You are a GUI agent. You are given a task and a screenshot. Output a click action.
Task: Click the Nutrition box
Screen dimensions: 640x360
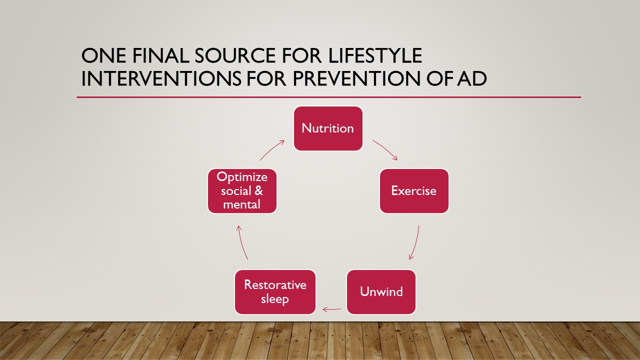click(x=328, y=128)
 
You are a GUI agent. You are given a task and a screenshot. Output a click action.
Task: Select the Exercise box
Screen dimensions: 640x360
click(x=414, y=191)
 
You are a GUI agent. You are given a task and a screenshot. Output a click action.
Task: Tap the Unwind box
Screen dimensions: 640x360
click(x=381, y=292)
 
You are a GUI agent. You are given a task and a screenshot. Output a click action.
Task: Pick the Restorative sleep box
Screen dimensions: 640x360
click(x=275, y=292)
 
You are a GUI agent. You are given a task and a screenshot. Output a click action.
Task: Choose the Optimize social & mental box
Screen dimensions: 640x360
click(x=242, y=191)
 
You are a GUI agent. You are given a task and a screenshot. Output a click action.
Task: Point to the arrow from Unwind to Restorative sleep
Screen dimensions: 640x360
click(x=331, y=309)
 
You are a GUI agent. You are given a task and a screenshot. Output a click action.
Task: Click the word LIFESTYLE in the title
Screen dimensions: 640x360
click(x=375, y=55)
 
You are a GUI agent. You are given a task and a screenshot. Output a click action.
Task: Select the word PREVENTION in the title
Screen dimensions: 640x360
click(x=356, y=78)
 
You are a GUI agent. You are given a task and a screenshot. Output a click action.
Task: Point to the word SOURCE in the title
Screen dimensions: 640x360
click(x=235, y=55)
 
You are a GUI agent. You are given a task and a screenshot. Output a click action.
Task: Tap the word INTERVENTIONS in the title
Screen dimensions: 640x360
click(x=161, y=78)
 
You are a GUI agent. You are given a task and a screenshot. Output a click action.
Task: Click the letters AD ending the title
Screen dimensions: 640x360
click(x=472, y=78)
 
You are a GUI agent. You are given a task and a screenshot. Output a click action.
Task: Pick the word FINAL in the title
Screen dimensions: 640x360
click(x=160, y=55)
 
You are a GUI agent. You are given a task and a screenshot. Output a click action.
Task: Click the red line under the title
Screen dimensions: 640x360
click(x=329, y=97)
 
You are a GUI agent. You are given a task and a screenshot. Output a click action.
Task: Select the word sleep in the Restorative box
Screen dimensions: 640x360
click(x=275, y=299)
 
